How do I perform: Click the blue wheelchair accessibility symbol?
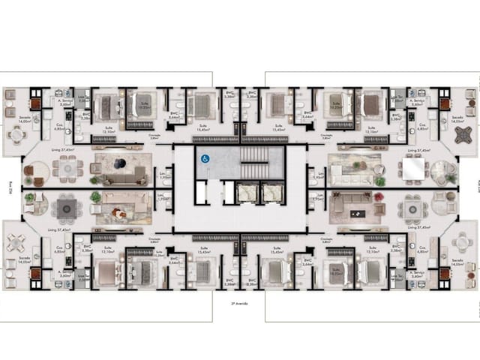203,158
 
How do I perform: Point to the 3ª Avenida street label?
239,304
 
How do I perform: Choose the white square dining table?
412,169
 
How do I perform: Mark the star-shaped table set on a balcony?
459,137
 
